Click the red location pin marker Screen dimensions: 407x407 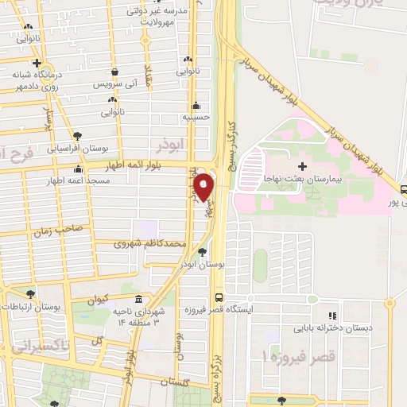(x=204, y=187)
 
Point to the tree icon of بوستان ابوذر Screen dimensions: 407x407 (x=202, y=252)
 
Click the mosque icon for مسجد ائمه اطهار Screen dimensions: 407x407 (x=77, y=169)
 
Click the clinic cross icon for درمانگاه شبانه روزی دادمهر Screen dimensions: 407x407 (x=37, y=63)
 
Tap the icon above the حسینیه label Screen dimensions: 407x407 (x=196, y=105)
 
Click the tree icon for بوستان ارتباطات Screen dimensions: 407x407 (x=31, y=294)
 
